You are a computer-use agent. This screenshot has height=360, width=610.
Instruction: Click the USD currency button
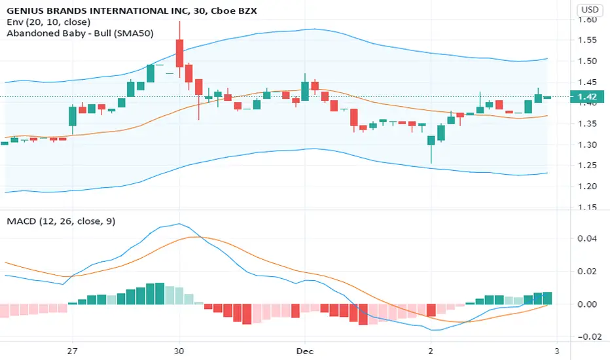coord(589,9)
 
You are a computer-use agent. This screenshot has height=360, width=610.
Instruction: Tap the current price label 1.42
coord(587,96)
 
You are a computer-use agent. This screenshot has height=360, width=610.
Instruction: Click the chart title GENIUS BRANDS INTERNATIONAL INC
coord(98,10)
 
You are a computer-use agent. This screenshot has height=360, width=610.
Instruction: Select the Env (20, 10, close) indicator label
coord(48,22)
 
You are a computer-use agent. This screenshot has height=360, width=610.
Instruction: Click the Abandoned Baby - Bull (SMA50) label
coord(80,33)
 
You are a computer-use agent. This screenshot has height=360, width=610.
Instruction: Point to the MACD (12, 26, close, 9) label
coord(61,221)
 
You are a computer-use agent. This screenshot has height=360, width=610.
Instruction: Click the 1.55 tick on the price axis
coord(587,40)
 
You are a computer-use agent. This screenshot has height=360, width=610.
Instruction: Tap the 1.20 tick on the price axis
coord(587,187)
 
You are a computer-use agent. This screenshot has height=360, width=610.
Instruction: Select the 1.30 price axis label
coord(587,145)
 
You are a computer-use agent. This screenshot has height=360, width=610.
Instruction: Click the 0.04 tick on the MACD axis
coord(587,238)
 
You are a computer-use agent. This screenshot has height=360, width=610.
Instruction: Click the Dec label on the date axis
coord(305,351)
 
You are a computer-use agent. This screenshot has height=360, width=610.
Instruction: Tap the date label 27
coord(73,351)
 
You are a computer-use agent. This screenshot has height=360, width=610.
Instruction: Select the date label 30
coord(179,351)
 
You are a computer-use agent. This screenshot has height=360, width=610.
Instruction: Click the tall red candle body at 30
coord(179,53)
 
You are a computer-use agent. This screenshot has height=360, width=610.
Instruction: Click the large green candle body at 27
coord(73,116)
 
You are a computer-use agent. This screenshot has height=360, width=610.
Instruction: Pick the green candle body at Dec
coord(305,91)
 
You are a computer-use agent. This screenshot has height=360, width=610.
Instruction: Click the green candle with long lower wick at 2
coord(431,141)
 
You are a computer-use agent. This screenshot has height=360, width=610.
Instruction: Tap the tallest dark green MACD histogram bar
coord(160,293)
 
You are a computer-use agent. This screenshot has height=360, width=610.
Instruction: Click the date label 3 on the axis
coord(557,351)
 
